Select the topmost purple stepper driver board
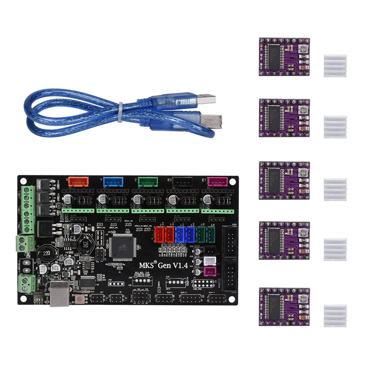pyautogui.click(x=284, y=57)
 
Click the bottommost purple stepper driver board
pyautogui.click(x=284, y=306)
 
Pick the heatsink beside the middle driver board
pyautogui.click(x=335, y=190)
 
